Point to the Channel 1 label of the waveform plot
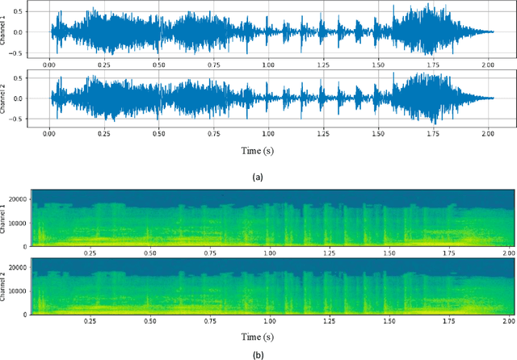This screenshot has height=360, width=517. tap(8, 31)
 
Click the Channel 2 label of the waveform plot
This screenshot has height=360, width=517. tap(8, 98)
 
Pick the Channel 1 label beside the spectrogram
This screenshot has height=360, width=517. tap(8, 220)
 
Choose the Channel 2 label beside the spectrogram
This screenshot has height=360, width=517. tap(8, 287)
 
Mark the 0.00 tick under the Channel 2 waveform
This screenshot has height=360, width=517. tap(50, 131)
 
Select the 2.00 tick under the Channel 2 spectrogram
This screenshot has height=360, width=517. tap(506, 320)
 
